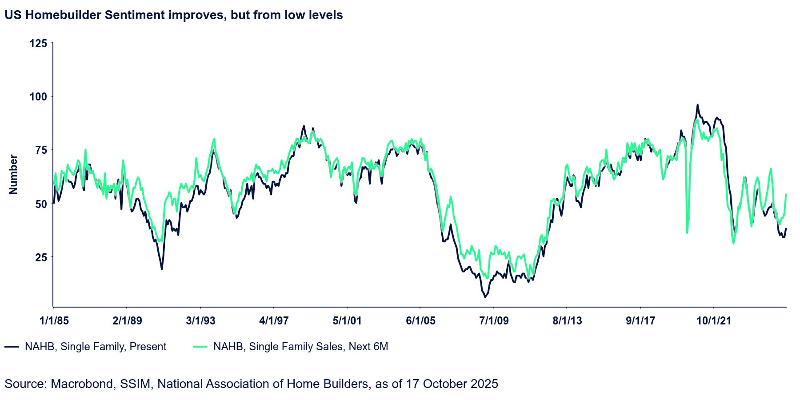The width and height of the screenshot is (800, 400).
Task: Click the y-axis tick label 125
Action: (x=38, y=44)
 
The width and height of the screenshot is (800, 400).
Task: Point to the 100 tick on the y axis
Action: (x=38, y=96)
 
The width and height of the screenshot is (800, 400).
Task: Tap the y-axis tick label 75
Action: (x=41, y=150)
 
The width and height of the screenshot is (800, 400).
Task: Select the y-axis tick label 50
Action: (x=41, y=204)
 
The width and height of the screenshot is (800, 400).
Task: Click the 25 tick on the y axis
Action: (x=41, y=257)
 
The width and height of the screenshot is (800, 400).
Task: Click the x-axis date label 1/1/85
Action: (x=54, y=320)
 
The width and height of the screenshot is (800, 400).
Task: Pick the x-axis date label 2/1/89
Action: (x=127, y=320)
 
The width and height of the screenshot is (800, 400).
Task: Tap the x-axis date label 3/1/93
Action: (x=200, y=320)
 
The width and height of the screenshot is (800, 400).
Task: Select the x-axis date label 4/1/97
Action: (x=274, y=320)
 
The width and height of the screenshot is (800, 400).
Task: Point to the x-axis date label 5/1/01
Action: (x=347, y=320)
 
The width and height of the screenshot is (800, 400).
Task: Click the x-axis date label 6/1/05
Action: (x=420, y=320)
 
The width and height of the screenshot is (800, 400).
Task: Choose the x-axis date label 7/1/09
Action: (x=494, y=320)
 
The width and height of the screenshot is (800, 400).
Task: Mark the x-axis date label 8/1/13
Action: (x=567, y=320)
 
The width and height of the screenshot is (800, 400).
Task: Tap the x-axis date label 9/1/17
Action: (x=640, y=320)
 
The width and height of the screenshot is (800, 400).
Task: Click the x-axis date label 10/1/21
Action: (x=713, y=320)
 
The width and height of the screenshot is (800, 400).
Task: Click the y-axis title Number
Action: (x=13, y=174)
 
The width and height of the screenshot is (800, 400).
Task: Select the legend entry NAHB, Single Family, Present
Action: (x=95, y=347)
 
